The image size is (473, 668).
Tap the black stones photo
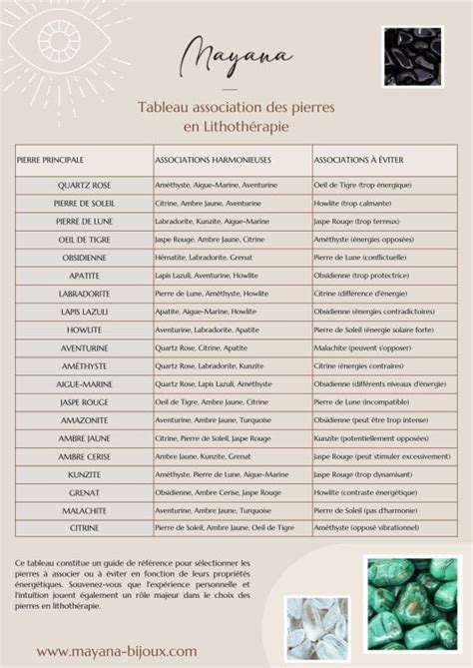[x=412, y=56]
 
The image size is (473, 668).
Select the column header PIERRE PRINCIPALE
[x=50, y=159]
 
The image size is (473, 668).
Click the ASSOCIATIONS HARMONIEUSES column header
[x=213, y=159]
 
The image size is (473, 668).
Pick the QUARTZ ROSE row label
[x=83, y=185]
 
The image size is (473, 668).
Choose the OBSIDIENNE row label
[x=83, y=257]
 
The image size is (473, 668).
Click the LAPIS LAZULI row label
[x=83, y=312]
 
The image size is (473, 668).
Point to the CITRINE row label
[x=83, y=526]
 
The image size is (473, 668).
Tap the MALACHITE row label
[x=83, y=509]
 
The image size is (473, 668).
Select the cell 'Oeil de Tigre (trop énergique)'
[x=362, y=185]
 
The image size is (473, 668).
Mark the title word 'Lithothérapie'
[x=246, y=127]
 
